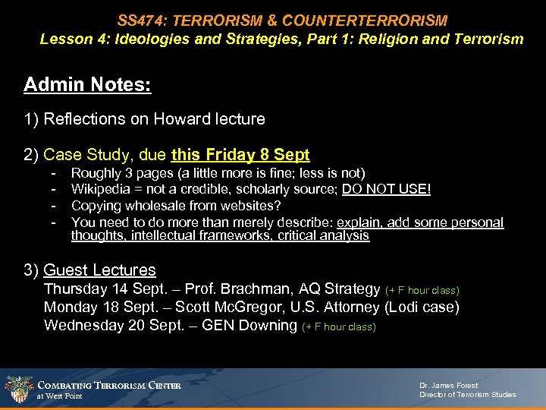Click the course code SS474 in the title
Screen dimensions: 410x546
tap(139, 20)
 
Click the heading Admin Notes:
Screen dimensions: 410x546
tap(87, 84)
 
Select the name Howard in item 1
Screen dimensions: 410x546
tap(183, 119)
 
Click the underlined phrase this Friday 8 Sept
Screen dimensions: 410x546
tap(240, 156)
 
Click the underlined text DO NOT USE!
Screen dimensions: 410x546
tap(386, 190)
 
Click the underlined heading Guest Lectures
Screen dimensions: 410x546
tap(100, 270)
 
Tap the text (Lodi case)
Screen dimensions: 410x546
tap(421, 307)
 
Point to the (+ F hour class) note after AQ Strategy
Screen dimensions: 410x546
tap(422, 290)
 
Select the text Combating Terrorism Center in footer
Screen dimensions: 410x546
tap(109, 386)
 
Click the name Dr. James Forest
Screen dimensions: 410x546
tap(449, 385)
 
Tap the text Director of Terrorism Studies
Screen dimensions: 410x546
tap(467, 395)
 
